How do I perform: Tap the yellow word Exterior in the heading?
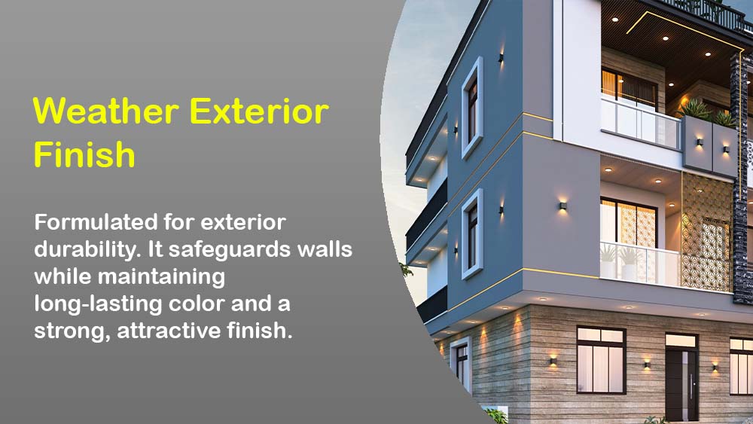(259, 111)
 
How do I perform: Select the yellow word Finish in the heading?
(84, 154)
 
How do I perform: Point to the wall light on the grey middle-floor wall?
(562, 206)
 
